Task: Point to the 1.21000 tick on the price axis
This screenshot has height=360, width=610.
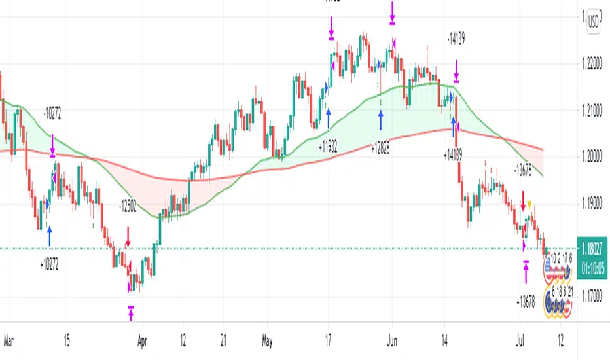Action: click(593, 111)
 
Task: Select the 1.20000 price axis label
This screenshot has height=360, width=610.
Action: click(593, 157)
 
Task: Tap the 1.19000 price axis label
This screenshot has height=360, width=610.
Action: click(593, 204)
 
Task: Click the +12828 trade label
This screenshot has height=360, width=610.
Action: click(380, 149)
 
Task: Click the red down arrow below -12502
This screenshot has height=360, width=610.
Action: click(128, 236)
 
